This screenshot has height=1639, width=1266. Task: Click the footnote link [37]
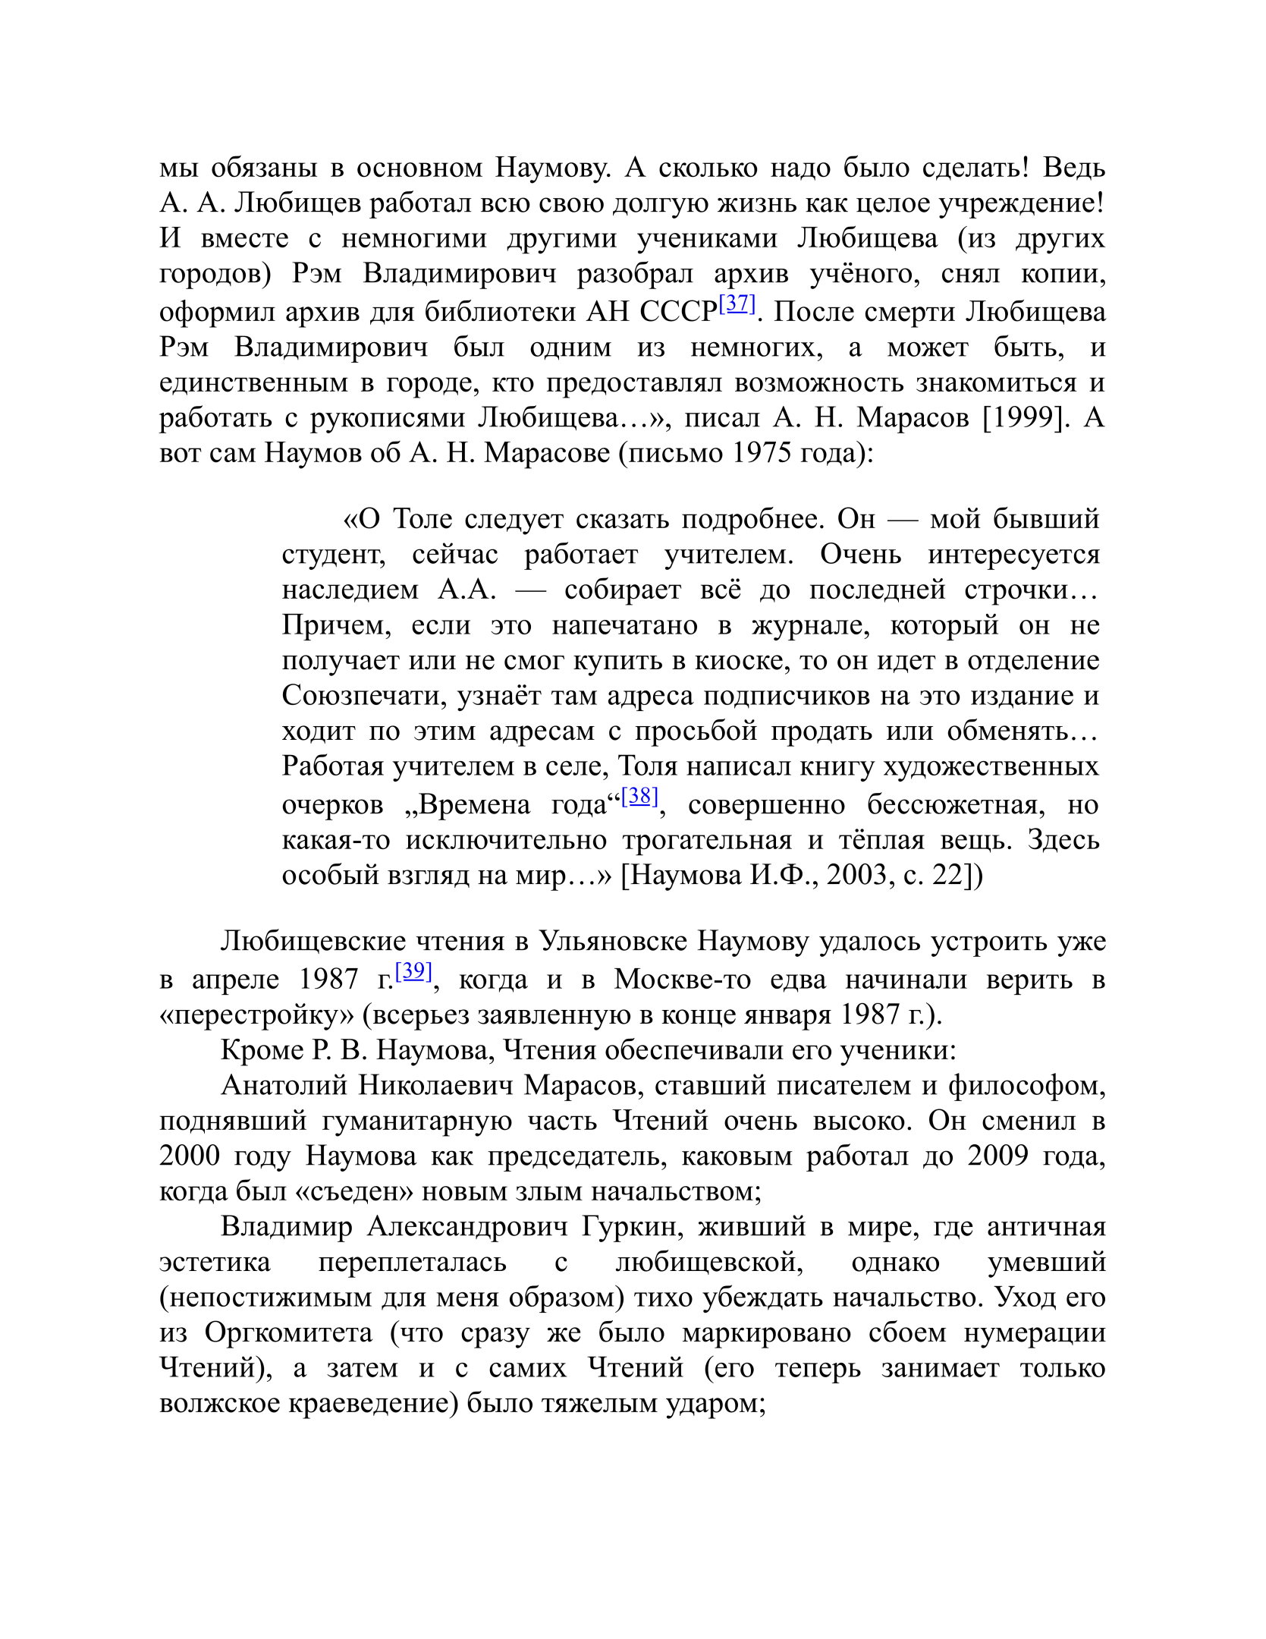[737, 304]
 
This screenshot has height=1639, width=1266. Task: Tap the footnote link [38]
[639, 796]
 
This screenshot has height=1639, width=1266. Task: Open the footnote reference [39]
[413, 971]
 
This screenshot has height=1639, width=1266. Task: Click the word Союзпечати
[363, 696]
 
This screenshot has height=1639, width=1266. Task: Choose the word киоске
[730, 660]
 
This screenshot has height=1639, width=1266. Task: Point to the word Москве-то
[682, 979]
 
